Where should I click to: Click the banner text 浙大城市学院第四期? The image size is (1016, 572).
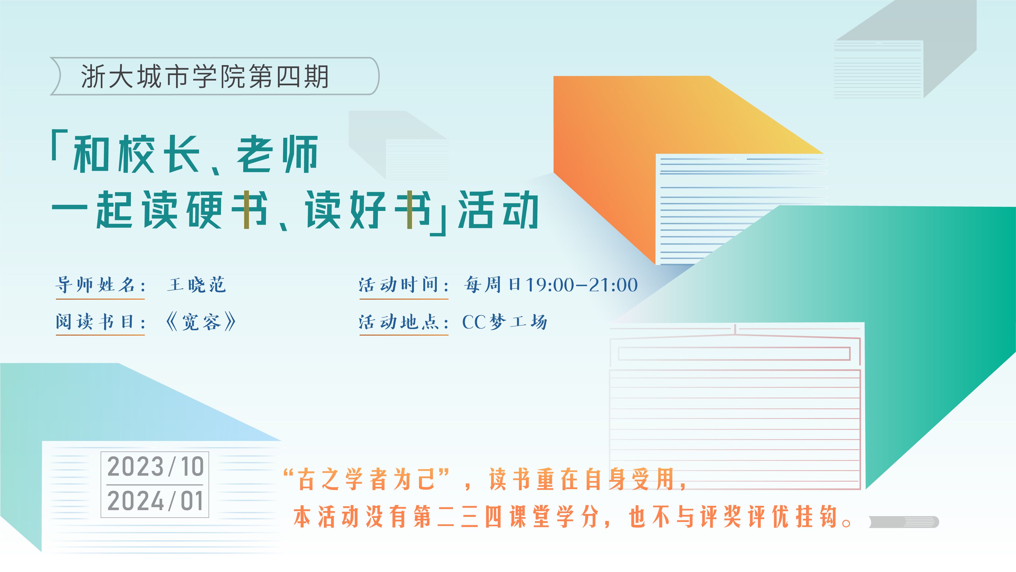pyautogui.click(x=205, y=76)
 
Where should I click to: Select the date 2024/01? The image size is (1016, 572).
pyautogui.click(x=155, y=501)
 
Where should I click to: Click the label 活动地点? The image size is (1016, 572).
pyautogui.click(x=398, y=322)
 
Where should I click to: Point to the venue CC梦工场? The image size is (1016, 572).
pyautogui.click(x=505, y=322)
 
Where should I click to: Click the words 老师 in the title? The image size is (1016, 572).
pyautogui.click(x=278, y=154)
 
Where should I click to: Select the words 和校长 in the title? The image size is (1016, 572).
pyautogui.click(x=136, y=154)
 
